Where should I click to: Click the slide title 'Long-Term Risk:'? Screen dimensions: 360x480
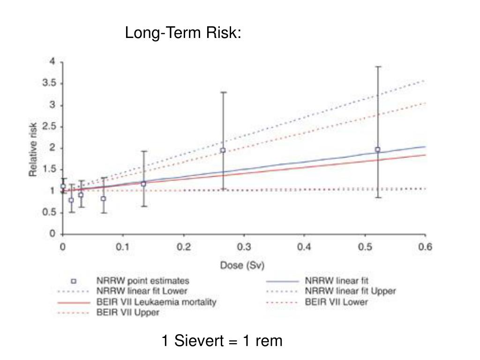coord(183,33)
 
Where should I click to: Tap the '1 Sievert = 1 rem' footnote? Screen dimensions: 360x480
coord(222,341)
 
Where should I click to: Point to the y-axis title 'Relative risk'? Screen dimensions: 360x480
coord(33,150)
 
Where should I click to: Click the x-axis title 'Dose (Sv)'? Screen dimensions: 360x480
coord(242,266)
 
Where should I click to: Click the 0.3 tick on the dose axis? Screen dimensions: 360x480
coord(244,247)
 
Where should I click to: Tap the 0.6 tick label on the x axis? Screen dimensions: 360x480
coord(425,247)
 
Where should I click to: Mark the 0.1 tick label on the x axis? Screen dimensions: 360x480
coord(123,247)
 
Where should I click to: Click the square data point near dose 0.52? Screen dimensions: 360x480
coord(378,150)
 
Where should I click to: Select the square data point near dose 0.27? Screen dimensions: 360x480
coord(223,150)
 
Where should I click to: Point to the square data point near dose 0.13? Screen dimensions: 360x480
coord(143,184)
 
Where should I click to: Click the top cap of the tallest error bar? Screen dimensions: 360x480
coord(378,67)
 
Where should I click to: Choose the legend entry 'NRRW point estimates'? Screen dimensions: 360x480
coord(142,281)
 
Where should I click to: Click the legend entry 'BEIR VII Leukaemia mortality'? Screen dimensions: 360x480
coord(156,302)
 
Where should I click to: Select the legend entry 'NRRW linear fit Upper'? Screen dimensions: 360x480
coord(350,291)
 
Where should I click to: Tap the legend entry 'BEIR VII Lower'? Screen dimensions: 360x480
coord(336,302)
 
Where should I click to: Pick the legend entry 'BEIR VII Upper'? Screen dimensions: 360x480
coord(127,313)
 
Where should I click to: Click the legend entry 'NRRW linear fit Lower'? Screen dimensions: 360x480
coord(142,292)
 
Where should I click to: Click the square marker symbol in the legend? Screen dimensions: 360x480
coord(73,281)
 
